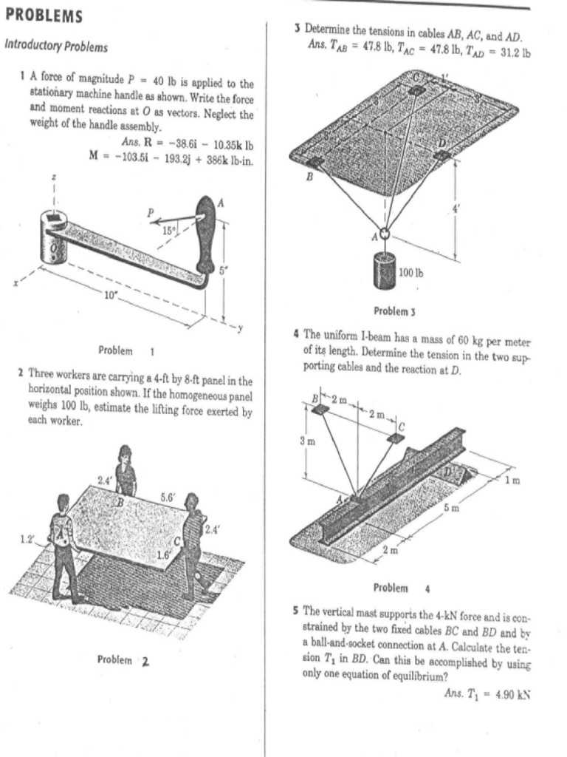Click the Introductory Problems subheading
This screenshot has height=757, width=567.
pyautogui.click(x=56, y=47)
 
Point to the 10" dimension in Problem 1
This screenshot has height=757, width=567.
pyautogui.click(x=111, y=296)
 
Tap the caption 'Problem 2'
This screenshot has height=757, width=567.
pyautogui.click(x=123, y=659)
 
